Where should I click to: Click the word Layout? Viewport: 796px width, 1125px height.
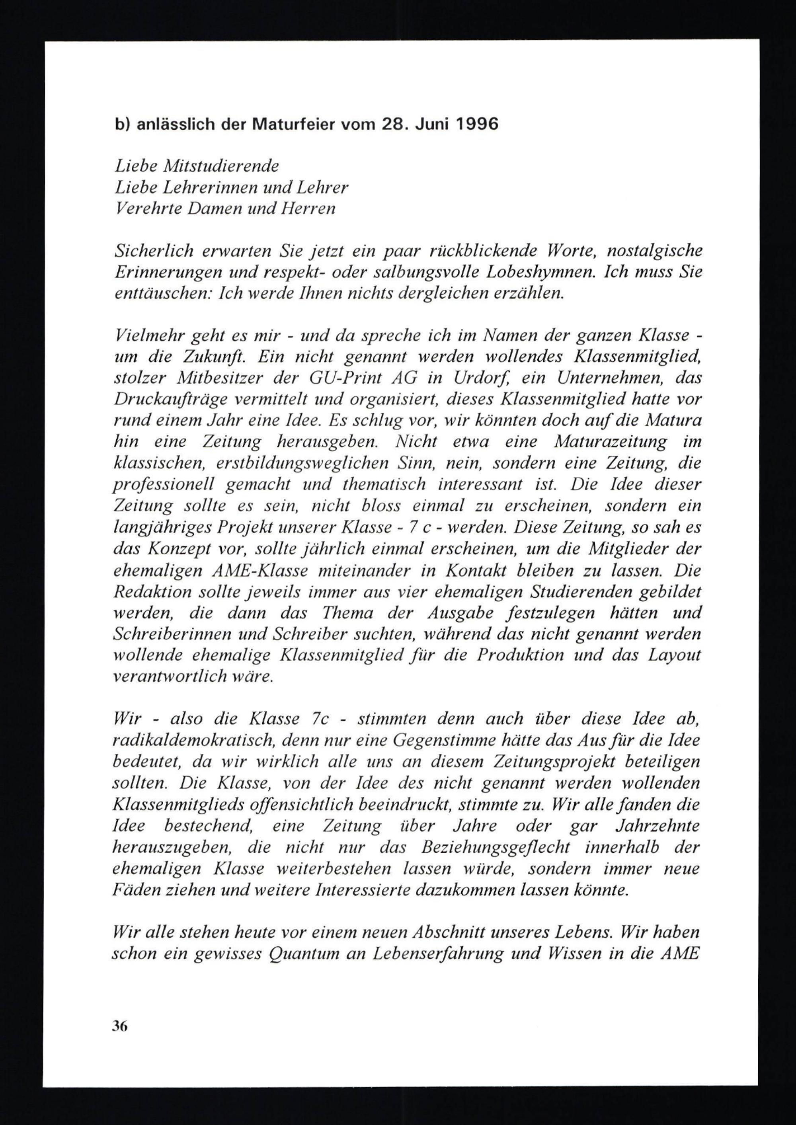[x=674, y=655]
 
